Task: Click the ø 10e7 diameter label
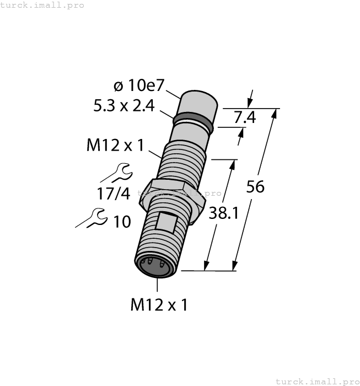coord(139,85)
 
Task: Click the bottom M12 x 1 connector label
coord(159,304)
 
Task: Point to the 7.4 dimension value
coord(245,117)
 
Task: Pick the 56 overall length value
coord(255,187)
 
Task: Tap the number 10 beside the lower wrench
coord(122,222)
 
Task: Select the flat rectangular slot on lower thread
coord(166,222)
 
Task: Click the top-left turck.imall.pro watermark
coord(42,5)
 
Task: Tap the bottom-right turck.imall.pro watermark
coord(316,381)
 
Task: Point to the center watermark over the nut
coord(179,193)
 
